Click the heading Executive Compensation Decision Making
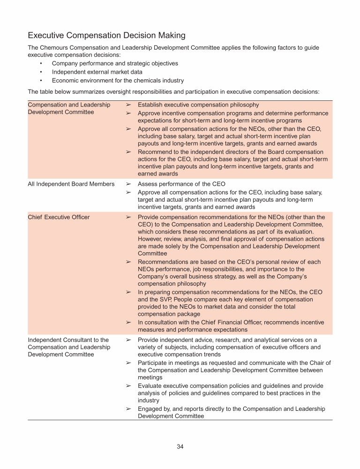[x=106, y=36]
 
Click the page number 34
[x=180, y=446]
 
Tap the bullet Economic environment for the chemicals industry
[x=118, y=81]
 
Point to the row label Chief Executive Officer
[x=59, y=217]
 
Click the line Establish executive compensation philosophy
[x=198, y=105]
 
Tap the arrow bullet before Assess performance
[x=128, y=184]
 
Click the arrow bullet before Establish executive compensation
[x=128, y=105]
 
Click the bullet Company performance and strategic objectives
[x=115, y=63]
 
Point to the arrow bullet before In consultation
[x=128, y=322]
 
